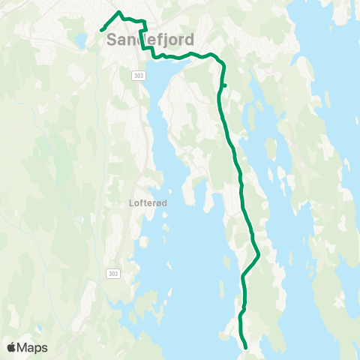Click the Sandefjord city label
(x=151, y=38)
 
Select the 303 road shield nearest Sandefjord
(x=139, y=76)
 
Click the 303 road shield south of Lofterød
(x=112, y=273)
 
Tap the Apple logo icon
(x=12, y=347)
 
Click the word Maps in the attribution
(x=33, y=347)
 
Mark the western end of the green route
(x=101, y=31)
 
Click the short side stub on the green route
(x=225, y=86)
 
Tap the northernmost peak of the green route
(x=119, y=13)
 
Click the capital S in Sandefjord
(x=113, y=39)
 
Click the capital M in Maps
(x=24, y=347)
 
